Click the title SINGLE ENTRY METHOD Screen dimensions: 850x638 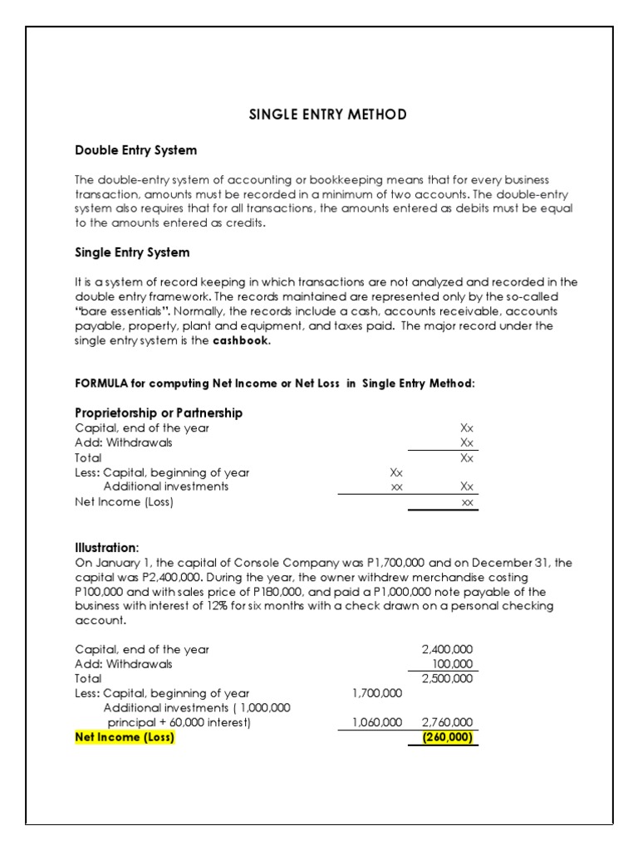coord(328,115)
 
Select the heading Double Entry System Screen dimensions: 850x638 coord(136,150)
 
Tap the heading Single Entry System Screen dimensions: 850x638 coord(132,252)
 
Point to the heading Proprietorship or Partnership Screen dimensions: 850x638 coord(159,413)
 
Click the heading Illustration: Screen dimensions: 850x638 coord(107,548)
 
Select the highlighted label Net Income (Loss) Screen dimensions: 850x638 coord(125,737)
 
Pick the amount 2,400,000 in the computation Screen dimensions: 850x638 coord(449,649)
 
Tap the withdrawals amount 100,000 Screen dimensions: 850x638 coord(453,664)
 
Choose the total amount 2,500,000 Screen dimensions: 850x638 coord(449,678)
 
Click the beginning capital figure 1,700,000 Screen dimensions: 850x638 coord(377,693)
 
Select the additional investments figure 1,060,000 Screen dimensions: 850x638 coord(377,723)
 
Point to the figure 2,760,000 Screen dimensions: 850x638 coord(449,723)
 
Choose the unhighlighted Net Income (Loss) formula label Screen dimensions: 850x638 coord(124,501)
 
